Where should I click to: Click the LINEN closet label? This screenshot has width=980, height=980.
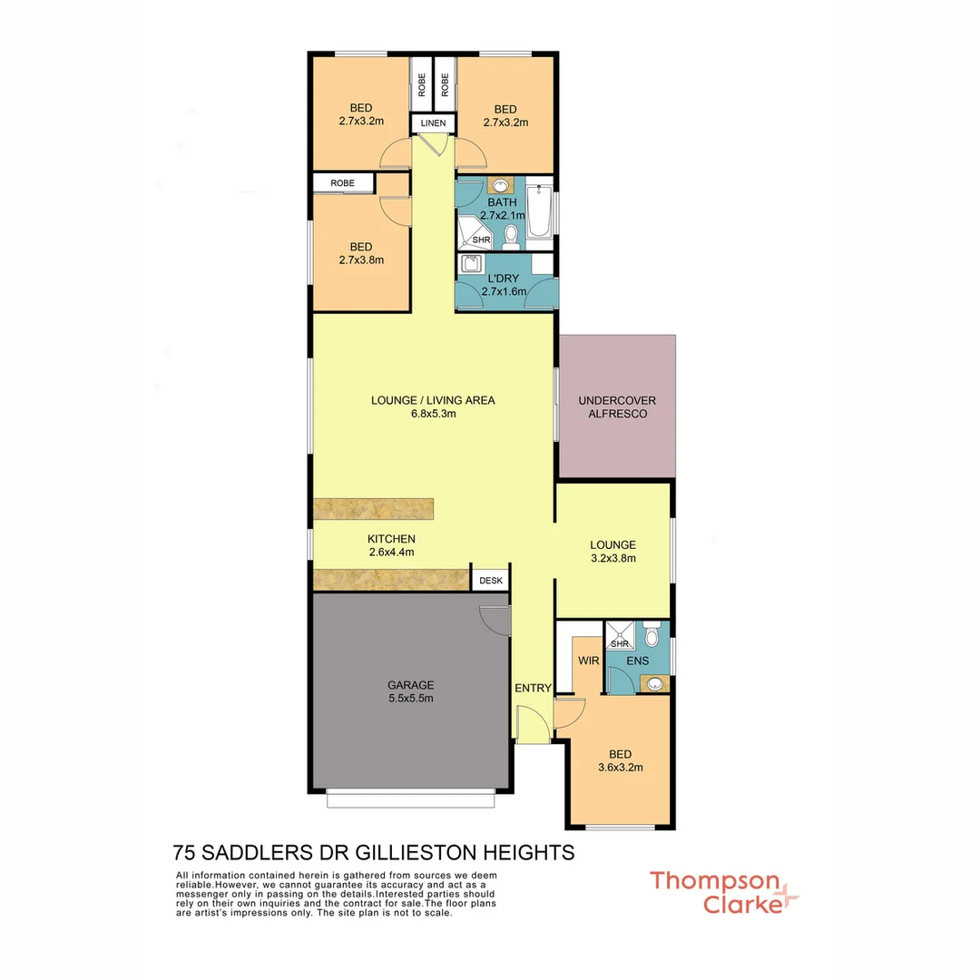[x=433, y=122]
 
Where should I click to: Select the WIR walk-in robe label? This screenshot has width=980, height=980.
[x=588, y=661]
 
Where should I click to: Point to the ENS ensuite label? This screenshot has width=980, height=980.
[x=638, y=661]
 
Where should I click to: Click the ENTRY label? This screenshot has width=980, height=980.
[x=533, y=689]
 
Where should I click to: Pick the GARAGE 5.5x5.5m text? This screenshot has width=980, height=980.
[x=411, y=691]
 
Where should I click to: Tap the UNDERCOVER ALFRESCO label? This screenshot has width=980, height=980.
[x=617, y=407]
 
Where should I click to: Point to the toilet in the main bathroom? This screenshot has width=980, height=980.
[x=511, y=236]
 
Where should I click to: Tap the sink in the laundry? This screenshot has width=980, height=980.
[x=471, y=265]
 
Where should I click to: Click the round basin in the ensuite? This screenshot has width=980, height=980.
[x=655, y=683]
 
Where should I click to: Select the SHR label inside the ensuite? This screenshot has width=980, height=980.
[x=620, y=644]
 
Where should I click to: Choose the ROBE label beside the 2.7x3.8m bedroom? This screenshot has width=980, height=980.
[x=343, y=183]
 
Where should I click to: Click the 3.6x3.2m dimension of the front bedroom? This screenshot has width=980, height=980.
[x=620, y=767]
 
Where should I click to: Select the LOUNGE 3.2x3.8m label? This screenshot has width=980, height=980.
[x=612, y=552]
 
